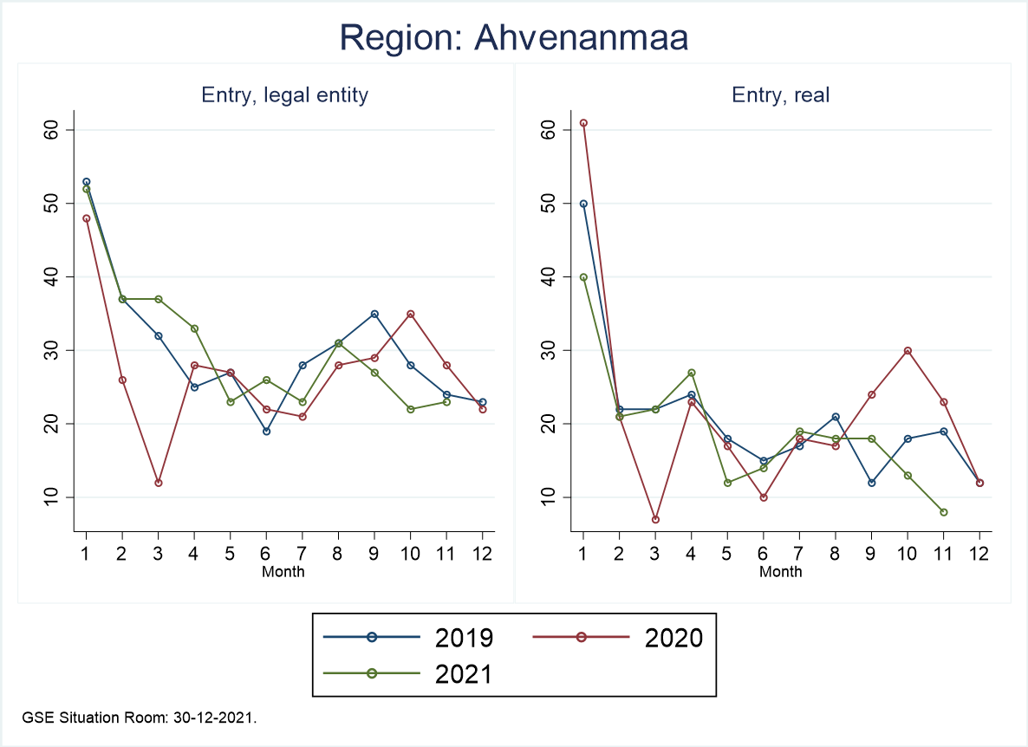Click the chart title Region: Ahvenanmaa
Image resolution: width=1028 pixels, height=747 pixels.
514,38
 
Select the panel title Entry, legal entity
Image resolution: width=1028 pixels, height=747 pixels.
285,95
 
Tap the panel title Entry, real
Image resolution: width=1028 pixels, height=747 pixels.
781,95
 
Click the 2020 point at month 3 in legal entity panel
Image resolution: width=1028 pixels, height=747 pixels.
159,483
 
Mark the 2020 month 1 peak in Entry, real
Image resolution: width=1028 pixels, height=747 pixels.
583,123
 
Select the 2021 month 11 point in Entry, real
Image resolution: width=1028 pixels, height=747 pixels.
943,512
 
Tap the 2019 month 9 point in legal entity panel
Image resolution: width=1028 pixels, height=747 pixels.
374,314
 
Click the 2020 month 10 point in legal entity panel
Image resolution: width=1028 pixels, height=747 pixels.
411,314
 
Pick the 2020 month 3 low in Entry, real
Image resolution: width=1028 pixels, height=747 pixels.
655,519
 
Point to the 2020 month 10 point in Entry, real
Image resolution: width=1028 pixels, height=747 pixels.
908,350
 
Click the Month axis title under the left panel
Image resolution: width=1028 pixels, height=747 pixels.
283,572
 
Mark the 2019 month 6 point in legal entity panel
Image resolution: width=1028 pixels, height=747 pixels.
267,431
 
